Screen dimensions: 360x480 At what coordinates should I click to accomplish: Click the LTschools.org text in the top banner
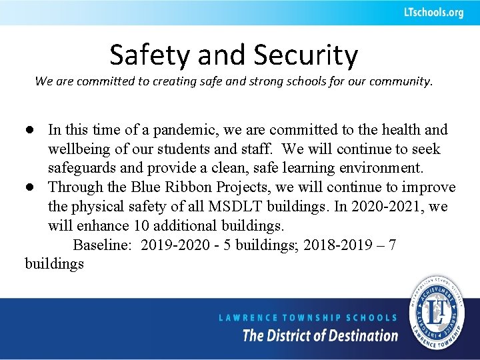point(433,13)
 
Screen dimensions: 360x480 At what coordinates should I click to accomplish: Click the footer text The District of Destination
point(320,335)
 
